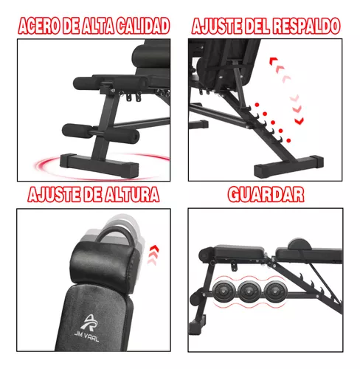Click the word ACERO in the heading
point(39,26)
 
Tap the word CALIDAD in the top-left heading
point(142,26)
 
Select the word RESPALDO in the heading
point(307,26)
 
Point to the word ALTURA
point(132,194)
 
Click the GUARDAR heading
point(266,194)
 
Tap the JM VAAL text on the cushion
point(87,337)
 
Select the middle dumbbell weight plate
point(249,292)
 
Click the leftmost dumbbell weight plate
point(223,292)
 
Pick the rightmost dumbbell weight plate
point(274,292)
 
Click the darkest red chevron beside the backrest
point(300,121)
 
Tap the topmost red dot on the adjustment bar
point(257,105)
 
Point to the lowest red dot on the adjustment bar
point(288,140)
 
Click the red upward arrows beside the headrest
point(153,255)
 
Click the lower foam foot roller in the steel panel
point(100,133)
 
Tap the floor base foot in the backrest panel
point(288,166)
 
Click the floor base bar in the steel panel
point(100,165)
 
